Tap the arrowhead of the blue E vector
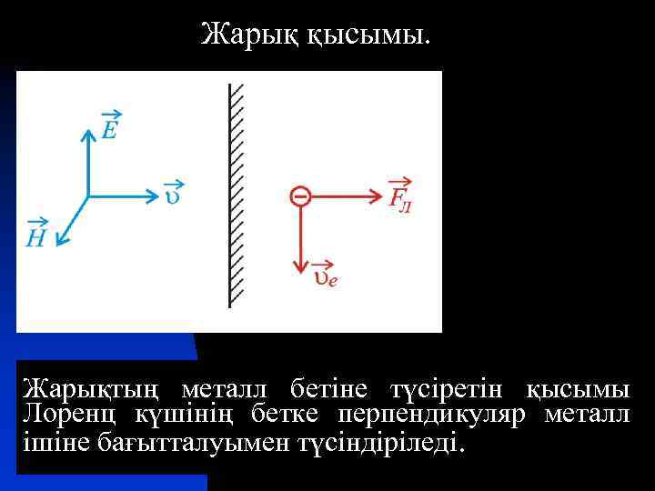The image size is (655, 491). pos(87,135)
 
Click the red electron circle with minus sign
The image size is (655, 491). pos(299,195)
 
